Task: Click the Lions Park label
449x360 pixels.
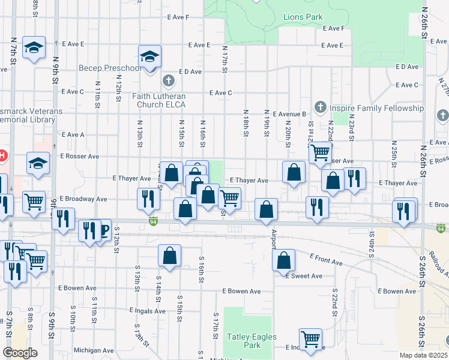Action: [x=303, y=17]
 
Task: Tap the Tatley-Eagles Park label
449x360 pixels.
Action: [x=252, y=341]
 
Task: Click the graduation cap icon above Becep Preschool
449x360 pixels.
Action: [x=149, y=57]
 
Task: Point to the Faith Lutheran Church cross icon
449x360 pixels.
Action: [x=169, y=80]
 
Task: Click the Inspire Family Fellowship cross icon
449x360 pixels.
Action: [x=320, y=107]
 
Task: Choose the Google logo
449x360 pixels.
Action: [x=20, y=353]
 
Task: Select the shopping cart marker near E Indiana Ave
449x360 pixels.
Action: [x=310, y=339]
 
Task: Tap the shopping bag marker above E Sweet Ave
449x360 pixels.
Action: [x=284, y=260]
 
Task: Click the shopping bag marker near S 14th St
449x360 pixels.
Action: [x=170, y=255]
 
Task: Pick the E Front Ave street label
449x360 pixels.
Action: [x=326, y=259]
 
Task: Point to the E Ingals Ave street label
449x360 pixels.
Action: [x=147, y=311]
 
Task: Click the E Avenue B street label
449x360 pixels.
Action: [x=289, y=113]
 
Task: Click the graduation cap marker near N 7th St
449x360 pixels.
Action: [x=34, y=47]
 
